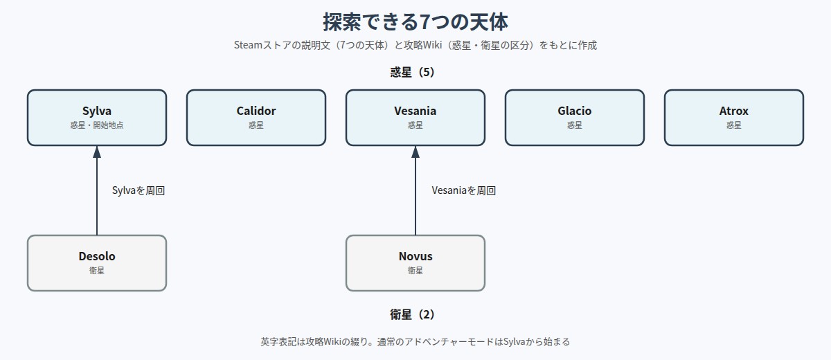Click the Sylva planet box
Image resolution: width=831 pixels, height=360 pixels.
pyautogui.click(x=97, y=118)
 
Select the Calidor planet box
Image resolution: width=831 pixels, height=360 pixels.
pyautogui.click(x=256, y=118)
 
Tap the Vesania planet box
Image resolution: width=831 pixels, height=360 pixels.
pyautogui.click(x=415, y=118)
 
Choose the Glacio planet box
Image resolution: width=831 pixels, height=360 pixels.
pyautogui.click(x=574, y=118)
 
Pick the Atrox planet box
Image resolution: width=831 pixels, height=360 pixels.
pyautogui.click(x=734, y=118)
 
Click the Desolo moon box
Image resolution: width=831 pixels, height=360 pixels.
pyautogui.click(x=97, y=263)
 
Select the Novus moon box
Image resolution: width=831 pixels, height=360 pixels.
pyautogui.click(x=415, y=263)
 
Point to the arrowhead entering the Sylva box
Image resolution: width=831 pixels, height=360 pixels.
pyautogui.click(x=97, y=152)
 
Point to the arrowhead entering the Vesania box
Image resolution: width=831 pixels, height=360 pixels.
pyautogui.click(x=415, y=152)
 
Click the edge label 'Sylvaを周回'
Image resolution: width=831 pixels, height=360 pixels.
pyautogui.click(x=138, y=190)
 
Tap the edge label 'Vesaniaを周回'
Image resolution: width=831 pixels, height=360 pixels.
pyautogui.click(x=464, y=190)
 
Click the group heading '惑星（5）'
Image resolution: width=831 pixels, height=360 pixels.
pyautogui.click(x=412, y=72)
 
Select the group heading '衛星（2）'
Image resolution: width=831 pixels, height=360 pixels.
pyautogui.click(x=412, y=314)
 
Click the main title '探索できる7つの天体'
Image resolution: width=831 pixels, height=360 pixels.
pyautogui.click(x=415, y=21)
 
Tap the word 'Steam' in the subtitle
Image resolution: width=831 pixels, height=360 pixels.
pyautogui.click(x=248, y=45)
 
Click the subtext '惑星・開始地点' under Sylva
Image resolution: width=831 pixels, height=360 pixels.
pyautogui.click(x=97, y=125)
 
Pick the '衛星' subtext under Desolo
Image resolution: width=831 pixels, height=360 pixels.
pyautogui.click(x=97, y=270)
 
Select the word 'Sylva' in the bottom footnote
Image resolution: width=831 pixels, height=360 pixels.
pyautogui.click(x=514, y=341)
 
